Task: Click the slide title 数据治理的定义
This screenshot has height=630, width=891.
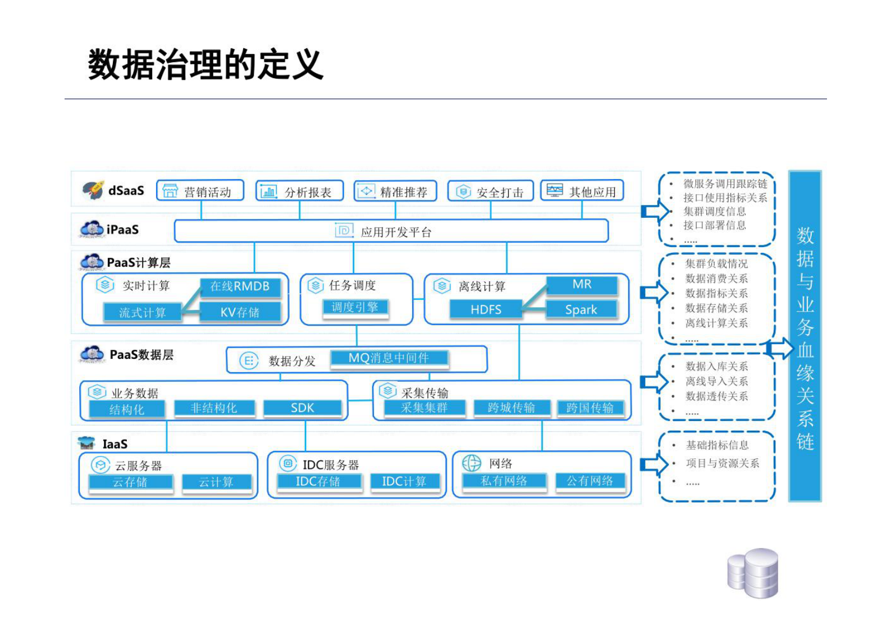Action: (205, 65)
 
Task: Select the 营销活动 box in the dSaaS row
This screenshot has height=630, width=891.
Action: (200, 191)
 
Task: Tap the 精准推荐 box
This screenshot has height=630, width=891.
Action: (395, 191)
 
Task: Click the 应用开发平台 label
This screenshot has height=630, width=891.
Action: (396, 232)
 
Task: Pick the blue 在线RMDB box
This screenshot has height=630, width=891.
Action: (240, 286)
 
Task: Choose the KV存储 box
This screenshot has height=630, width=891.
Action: (240, 312)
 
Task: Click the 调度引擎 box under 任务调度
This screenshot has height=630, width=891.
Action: (355, 307)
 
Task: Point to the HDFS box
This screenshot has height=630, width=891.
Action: (486, 309)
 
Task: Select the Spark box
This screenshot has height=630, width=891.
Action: (581, 309)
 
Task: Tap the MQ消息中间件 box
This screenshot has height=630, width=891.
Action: (389, 358)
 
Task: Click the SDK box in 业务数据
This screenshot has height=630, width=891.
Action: (302, 408)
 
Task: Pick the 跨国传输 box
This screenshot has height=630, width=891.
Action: (590, 408)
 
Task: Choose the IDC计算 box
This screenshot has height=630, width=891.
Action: (404, 481)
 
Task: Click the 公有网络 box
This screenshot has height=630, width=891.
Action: (590, 481)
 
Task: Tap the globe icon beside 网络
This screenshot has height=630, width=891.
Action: (472, 463)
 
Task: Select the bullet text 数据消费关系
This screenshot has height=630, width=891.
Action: (716, 279)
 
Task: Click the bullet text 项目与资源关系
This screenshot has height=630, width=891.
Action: (722, 463)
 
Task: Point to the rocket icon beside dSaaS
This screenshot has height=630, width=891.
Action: (93, 190)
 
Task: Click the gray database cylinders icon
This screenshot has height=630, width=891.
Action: (753, 573)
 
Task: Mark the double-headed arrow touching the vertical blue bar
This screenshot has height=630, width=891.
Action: (780, 348)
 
